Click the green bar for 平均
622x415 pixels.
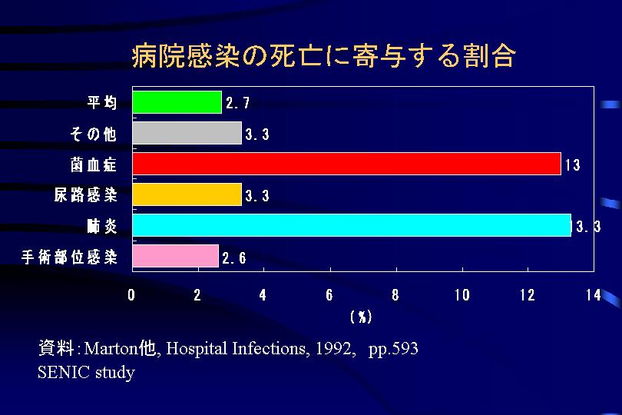click(x=177, y=102)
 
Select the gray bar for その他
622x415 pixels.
click(x=187, y=133)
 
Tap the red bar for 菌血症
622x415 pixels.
click(x=346, y=164)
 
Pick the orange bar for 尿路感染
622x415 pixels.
click(x=187, y=194)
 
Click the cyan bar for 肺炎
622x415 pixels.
click(x=351, y=225)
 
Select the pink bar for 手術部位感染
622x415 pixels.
click(x=175, y=256)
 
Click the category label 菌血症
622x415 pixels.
click(x=94, y=164)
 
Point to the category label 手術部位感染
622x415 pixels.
click(x=69, y=257)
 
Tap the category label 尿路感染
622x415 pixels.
click(x=85, y=195)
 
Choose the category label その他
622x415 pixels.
click(x=94, y=134)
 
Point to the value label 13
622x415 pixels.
click(x=572, y=164)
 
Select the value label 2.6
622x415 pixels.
click(x=234, y=258)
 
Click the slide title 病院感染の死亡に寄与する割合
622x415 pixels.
click(x=323, y=55)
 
